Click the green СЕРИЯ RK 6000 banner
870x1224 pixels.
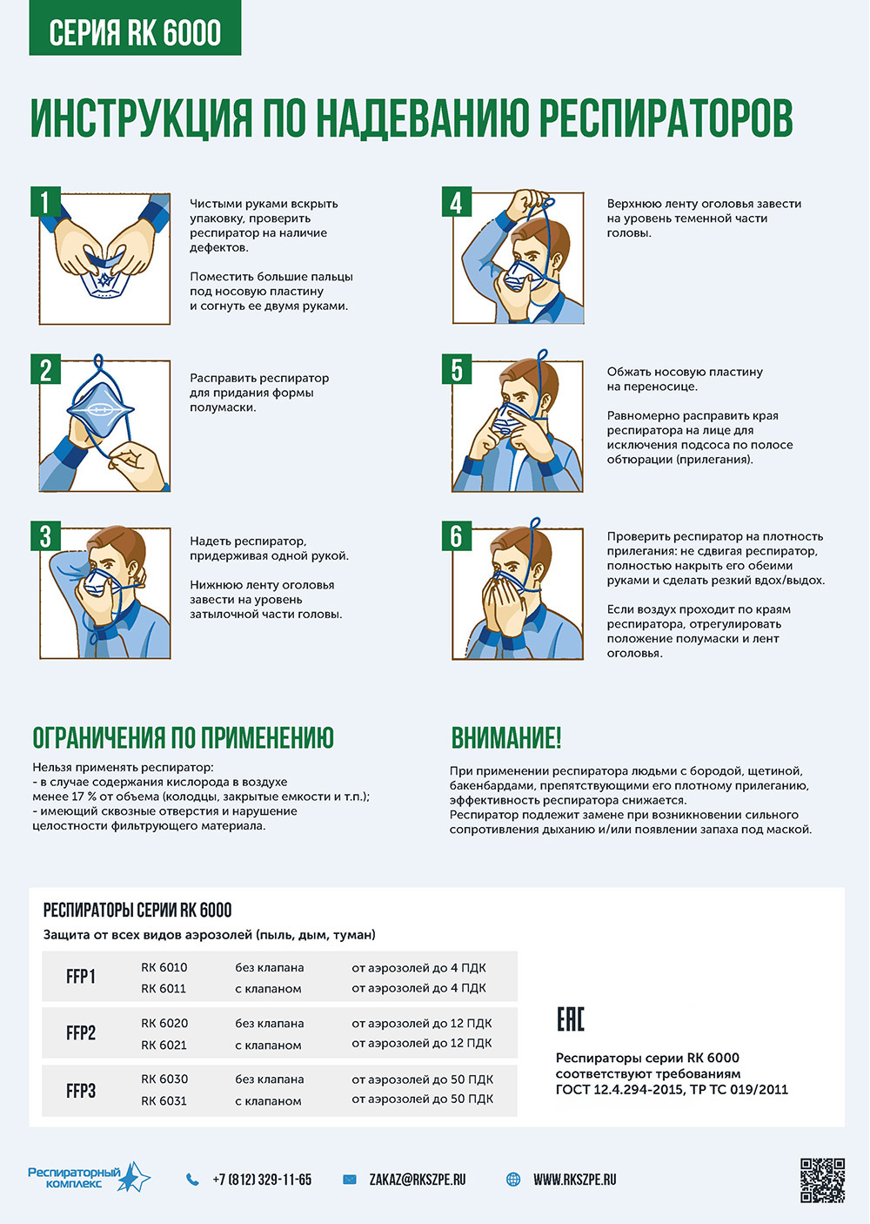click(x=135, y=28)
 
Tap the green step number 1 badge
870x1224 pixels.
click(x=45, y=202)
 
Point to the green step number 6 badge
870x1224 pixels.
click(x=457, y=535)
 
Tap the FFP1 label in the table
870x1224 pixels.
click(x=81, y=977)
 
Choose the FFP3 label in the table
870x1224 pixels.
click(x=81, y=1091)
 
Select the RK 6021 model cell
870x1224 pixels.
click(x=164, y=1045)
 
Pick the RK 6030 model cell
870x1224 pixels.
click(x=164, y=1079)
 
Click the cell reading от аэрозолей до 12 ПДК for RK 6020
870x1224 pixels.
click(x=422, y=1023)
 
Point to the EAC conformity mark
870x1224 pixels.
click(x=570, y=1019)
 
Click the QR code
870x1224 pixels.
click(x=822, y=1180)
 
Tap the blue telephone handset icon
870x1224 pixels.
click(x=192, y=1180)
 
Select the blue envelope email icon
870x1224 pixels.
click(x=350, y=1180)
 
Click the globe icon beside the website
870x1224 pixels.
click(x=513, y=1180)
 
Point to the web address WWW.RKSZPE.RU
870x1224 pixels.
click(x=574, y=1180)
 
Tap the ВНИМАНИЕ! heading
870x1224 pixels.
click(x=505, y=737)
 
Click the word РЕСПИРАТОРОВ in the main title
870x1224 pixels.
click(x=666, y=118)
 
